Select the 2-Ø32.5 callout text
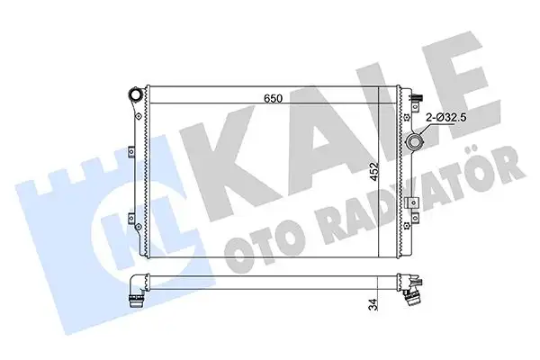445,116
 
